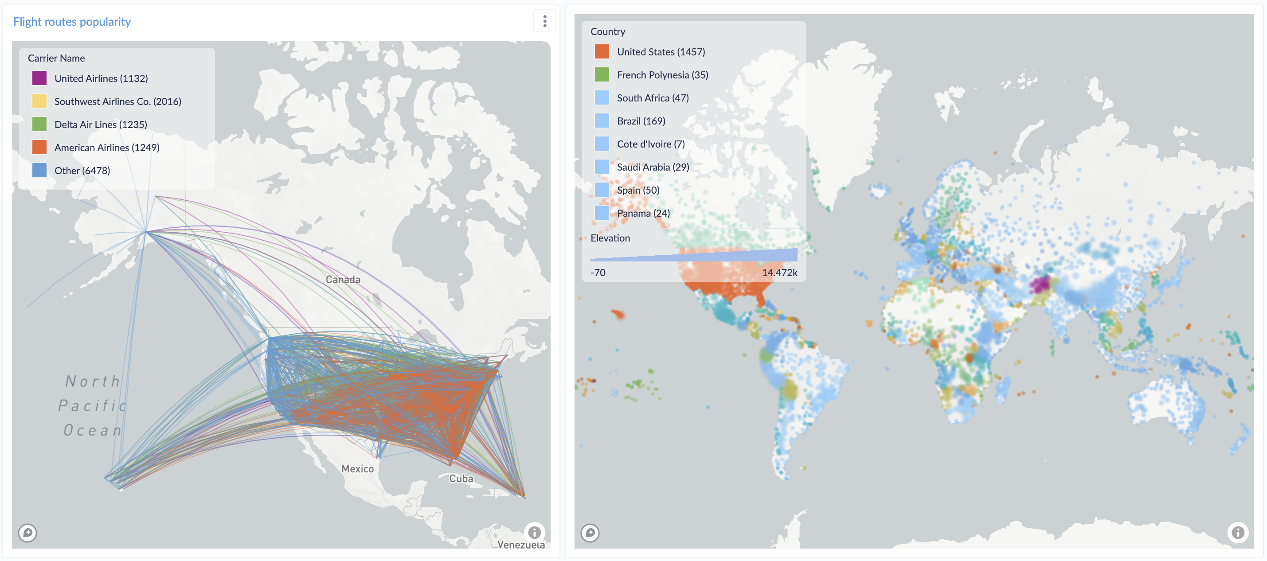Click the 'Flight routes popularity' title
[x=72, y=22]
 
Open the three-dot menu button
[x=544, y=21]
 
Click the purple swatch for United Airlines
[x=39, y=78]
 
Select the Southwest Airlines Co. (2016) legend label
[x=117, y=101]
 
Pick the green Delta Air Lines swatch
[x=39, y=125]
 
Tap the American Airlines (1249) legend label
[x=107, y=148]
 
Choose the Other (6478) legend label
[x=82, y=171]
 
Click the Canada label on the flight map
[x=343, y=279]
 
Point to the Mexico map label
[x=358, y=468]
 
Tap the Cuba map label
[x=461, y=479]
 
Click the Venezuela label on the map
[x=520, y=544]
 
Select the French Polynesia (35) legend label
[x=662, y=75]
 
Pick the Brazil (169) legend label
[x=641, y=121]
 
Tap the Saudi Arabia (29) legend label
[x=653, y=167]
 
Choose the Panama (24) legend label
[x=643, y=213]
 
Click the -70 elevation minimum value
[x=598, y=273]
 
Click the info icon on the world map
[x=1237, y=533]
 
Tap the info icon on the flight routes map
[x=534, y=532]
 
